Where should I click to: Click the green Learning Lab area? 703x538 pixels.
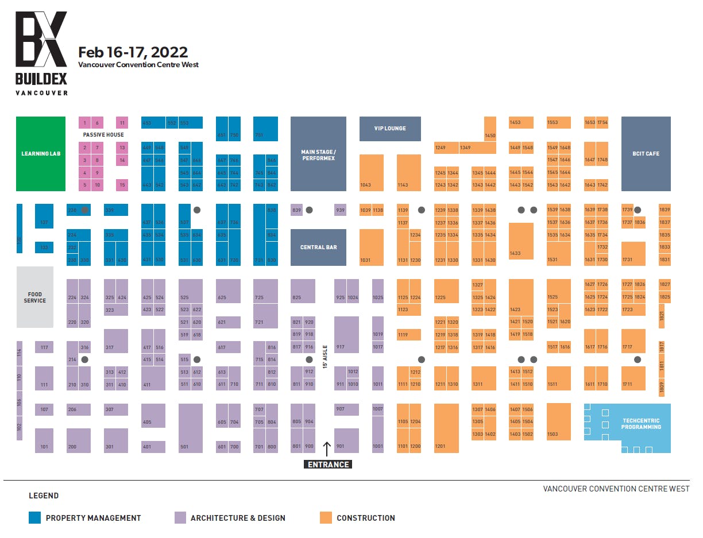tap(41, 154)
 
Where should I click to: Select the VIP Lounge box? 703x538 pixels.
tap(390, 129)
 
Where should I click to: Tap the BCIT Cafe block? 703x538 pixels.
tap(646, 154)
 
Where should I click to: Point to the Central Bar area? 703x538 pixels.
tap(318, 247)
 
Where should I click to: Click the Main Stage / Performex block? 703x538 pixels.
tap(318, 154)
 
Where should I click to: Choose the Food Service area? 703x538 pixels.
tap(35, 297)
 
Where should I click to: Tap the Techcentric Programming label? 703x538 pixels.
tap(641, 424)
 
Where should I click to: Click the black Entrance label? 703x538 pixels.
tap(328, 465)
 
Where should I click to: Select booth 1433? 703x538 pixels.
tap(521, 241)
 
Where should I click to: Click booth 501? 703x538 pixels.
tap(191, 428)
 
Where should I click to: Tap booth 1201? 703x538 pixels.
tap(446, 428)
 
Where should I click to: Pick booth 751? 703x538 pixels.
tap(265, 129)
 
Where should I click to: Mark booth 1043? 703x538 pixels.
tap(372, 172)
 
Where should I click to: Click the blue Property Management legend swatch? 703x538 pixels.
tap(35, 517)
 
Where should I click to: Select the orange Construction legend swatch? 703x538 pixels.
tap(326, 517)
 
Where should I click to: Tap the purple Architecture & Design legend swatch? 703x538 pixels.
tap(180, 517)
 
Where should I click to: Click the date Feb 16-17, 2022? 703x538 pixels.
tap(133, 52)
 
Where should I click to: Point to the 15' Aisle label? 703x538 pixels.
tap(325, 357)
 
